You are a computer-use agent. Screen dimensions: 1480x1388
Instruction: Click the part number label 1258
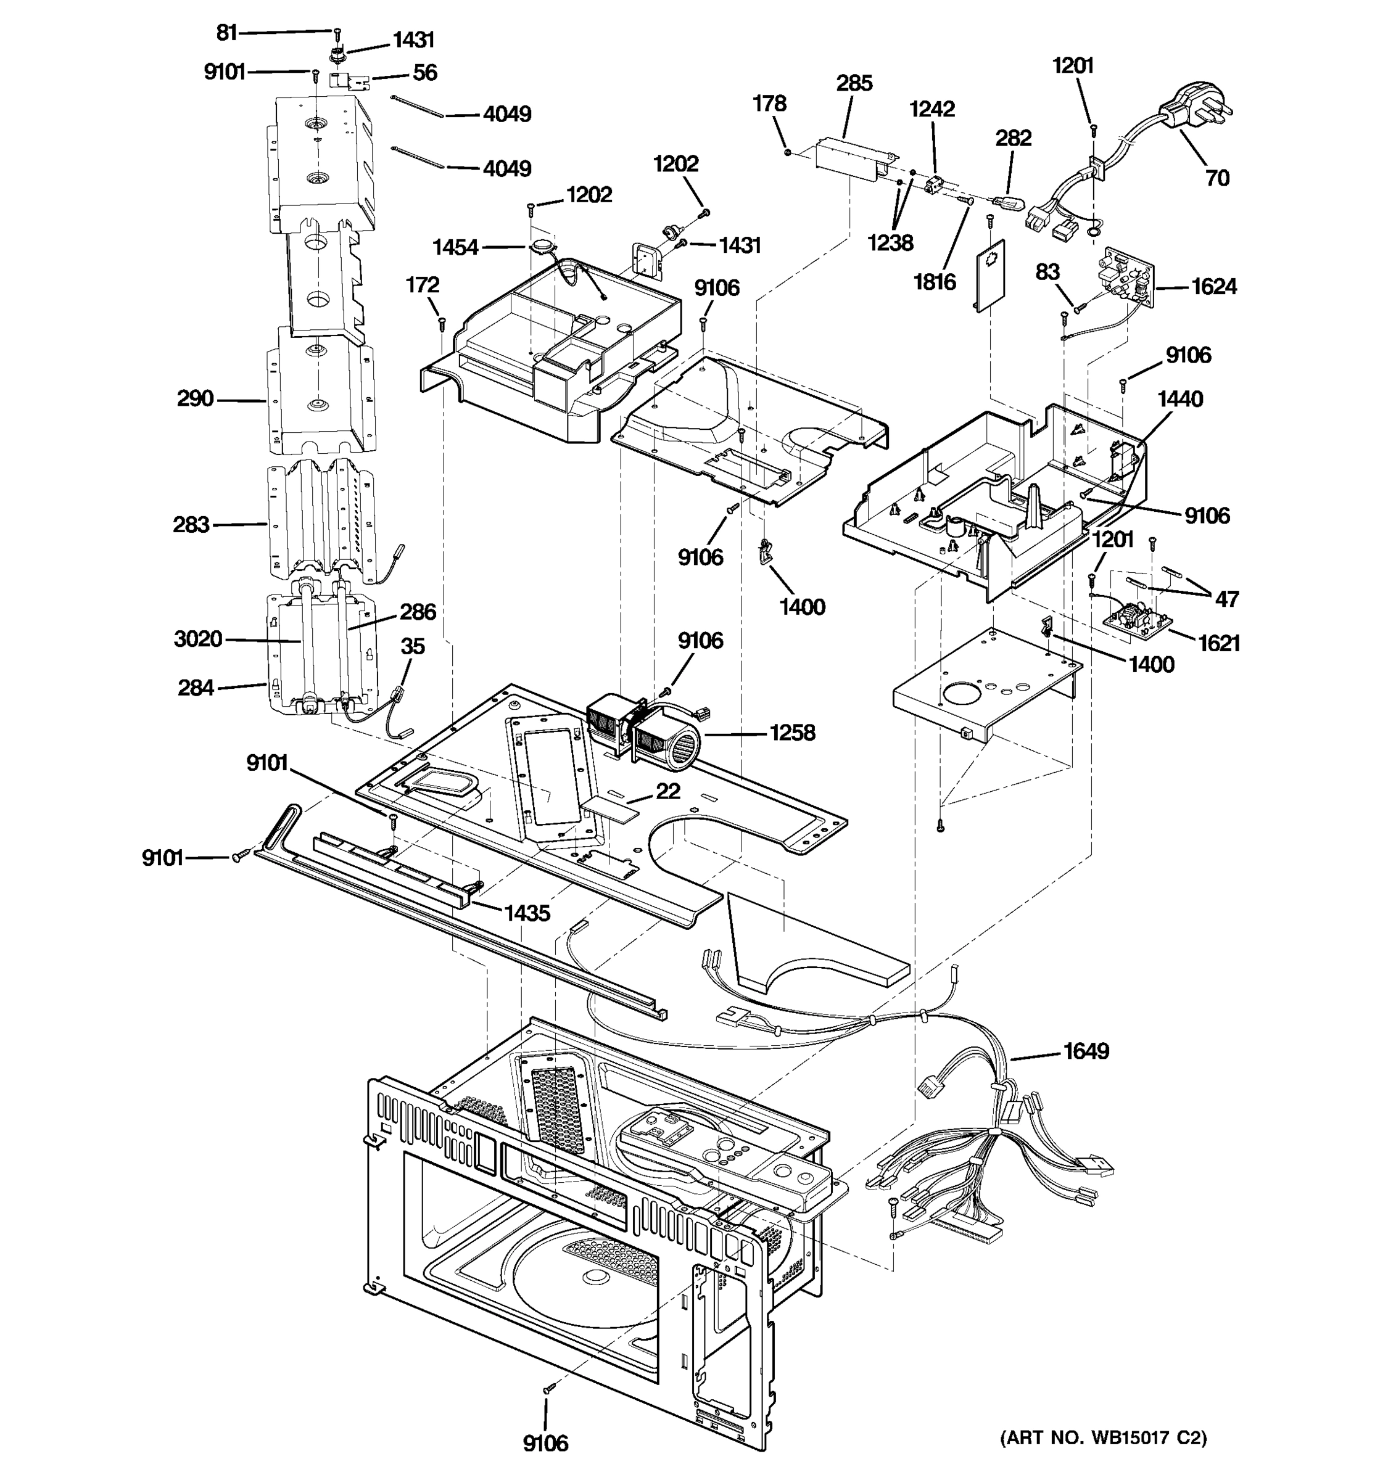[792, 733]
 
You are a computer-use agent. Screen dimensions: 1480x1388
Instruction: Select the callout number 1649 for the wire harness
[1086, 1051]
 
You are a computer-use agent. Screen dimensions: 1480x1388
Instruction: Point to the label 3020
[197, 639]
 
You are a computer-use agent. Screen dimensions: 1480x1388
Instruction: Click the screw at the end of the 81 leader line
[337, 32]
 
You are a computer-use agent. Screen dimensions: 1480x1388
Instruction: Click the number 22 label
[667, 791]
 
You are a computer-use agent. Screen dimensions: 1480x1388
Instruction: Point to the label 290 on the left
[195, 399]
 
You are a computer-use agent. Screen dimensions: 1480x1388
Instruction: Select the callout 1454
[455, 247]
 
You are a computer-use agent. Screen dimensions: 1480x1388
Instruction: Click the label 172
[422, 285]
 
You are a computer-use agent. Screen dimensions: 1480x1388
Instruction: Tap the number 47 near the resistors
[1226, 599]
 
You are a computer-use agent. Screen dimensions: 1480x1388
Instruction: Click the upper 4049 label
[506, 115]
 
